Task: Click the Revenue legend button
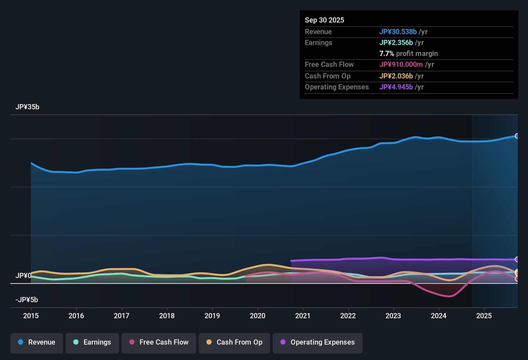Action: point(37,342)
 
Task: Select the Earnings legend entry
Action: point(92,342)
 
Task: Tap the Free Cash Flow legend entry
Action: point(159,342)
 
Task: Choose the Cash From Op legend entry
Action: point(234,342)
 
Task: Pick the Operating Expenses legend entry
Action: point(318,342)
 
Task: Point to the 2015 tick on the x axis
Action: point(31,316)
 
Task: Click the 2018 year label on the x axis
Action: point(167,316)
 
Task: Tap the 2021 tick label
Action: point(303,316)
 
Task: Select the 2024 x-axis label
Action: point(439,316)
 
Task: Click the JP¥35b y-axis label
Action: point(27,107)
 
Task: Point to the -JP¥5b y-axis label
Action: point(27,300)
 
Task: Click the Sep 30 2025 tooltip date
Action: point(324,20)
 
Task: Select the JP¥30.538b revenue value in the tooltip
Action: point(398,32)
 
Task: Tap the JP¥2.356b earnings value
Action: point(396,43)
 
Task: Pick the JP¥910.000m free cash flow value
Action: point(401,65)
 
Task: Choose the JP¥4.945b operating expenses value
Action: point(396,87)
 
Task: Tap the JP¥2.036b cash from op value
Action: point(396,76)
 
